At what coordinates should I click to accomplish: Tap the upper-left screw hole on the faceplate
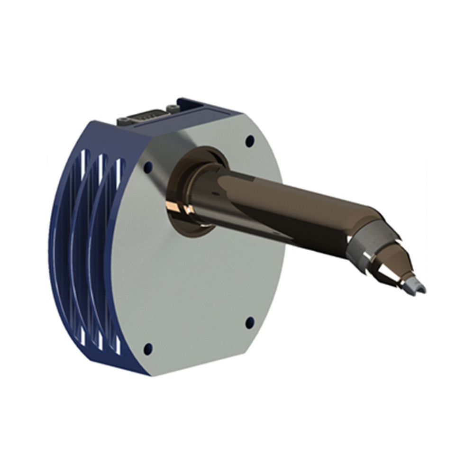coord(148,167)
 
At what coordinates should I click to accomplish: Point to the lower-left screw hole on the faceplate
coord(148,349)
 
